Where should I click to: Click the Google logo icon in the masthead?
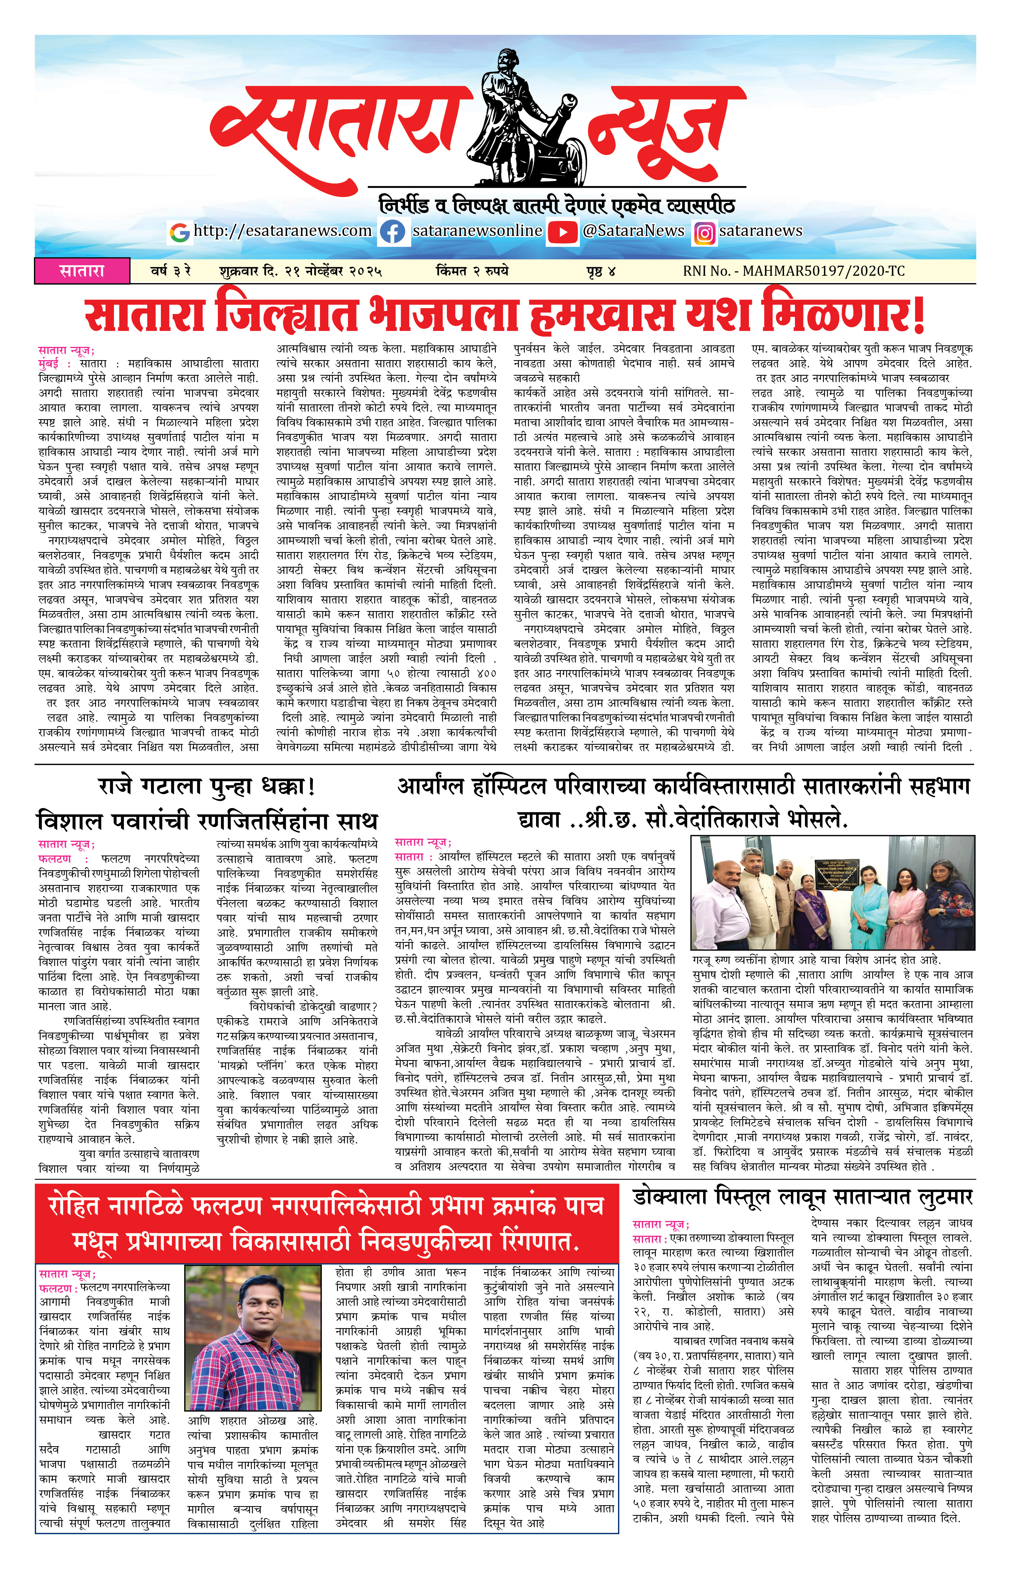(x=179, y=232)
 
